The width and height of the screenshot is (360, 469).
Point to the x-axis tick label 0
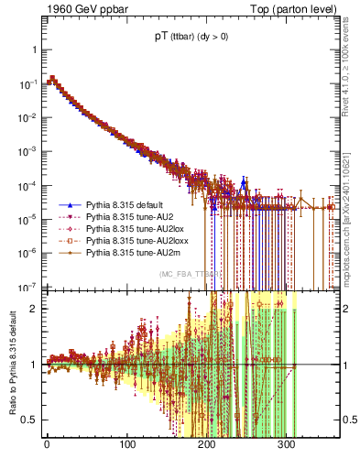[x=46, y=446]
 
